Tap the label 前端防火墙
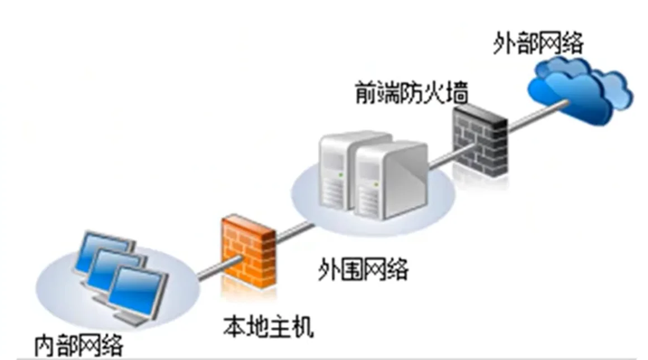coord(411,94)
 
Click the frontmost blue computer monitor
coord(135,288)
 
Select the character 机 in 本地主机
coord(302,327)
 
